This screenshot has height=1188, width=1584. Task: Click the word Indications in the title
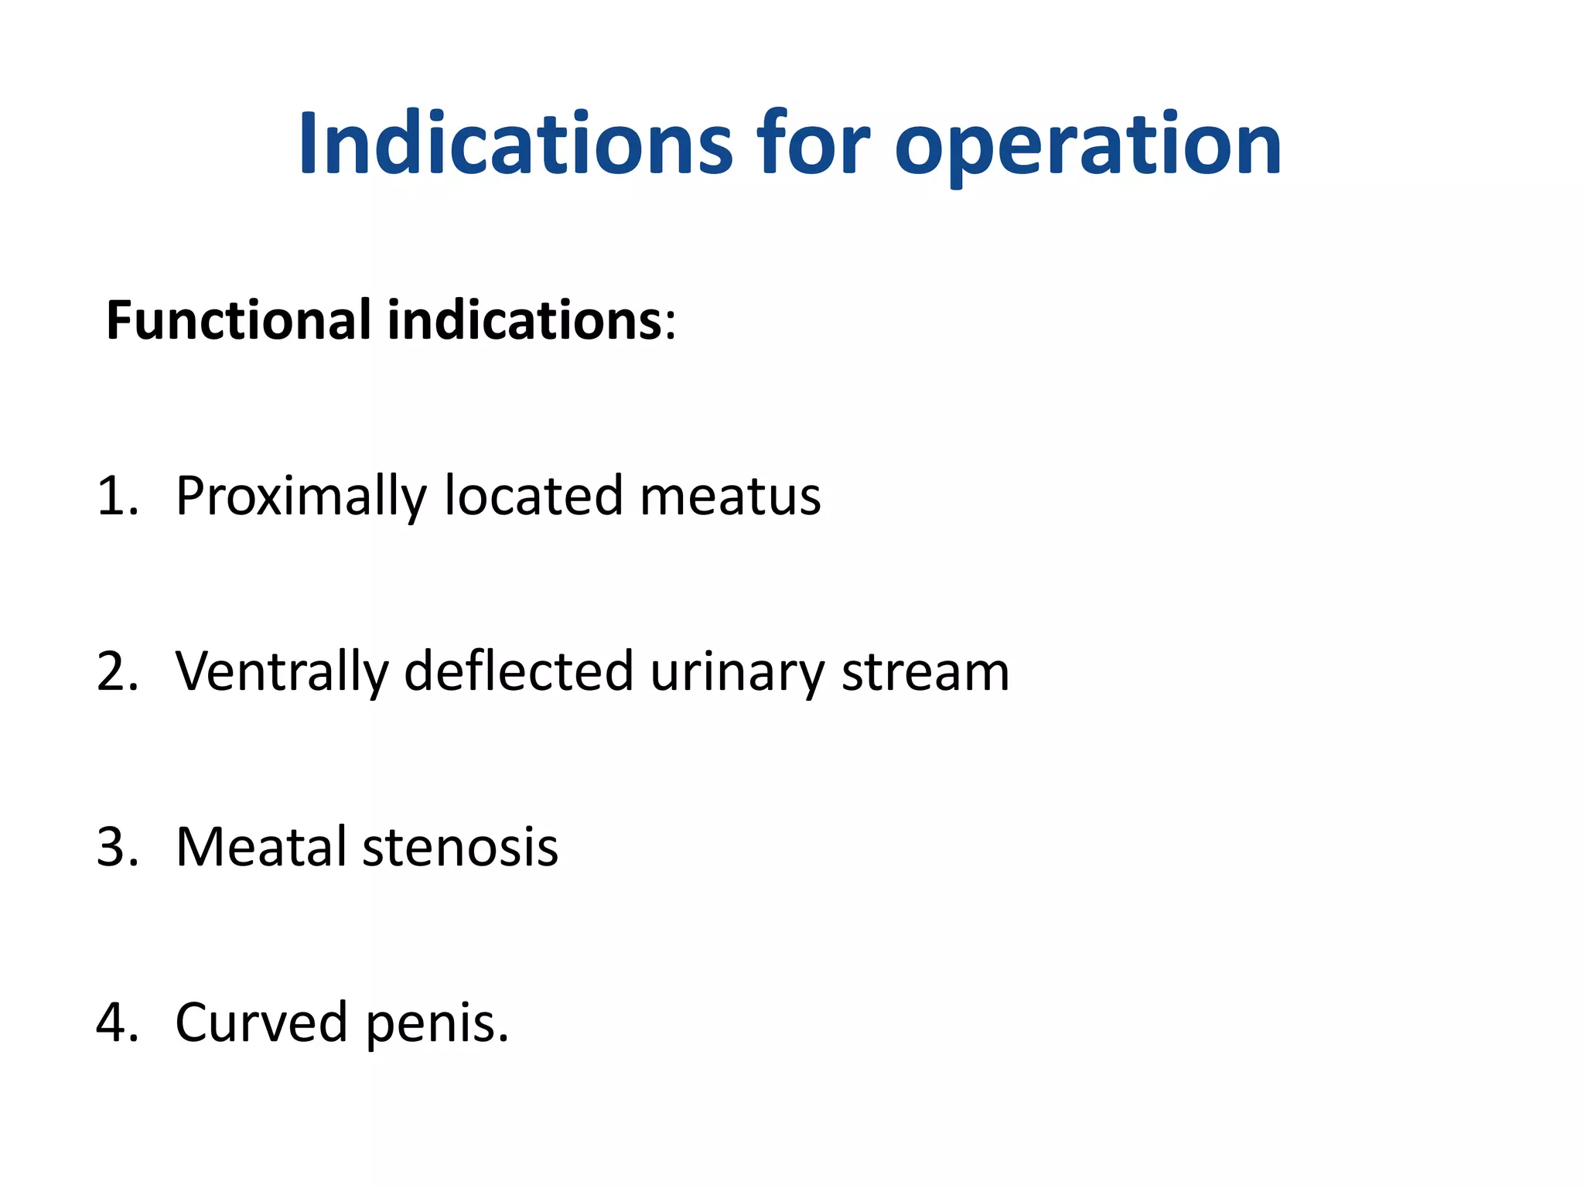(x=515, y=144)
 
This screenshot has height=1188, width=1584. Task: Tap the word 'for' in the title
(x=812, y=144)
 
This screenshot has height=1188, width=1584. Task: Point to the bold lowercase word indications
(x=524, y=320)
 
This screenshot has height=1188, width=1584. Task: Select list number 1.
(x=116, y=496)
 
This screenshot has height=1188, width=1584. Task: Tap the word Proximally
(x=301, y=497)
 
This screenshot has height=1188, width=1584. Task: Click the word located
(x=534, y=496)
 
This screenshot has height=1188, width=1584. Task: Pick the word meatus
(x=730, y=497)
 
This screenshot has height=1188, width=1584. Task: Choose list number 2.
(x=116, y=671)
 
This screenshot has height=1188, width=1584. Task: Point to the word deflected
(x=518, y=671)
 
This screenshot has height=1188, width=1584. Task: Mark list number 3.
(x=116, y=847)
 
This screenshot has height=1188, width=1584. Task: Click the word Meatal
(x=261, y=847)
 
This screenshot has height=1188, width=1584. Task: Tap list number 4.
(x=116, y=1022)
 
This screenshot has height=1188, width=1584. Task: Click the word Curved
(x=261, y=1022)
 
